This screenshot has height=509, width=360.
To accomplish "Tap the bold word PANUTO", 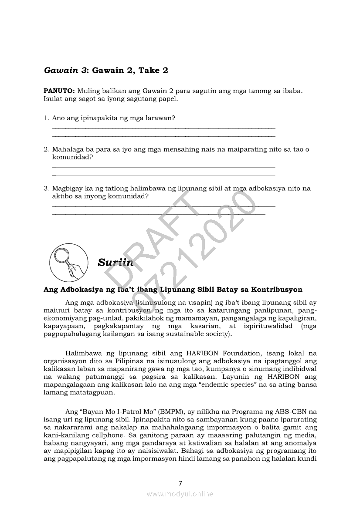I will click(58, 91).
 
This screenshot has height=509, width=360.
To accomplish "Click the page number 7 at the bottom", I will click(180, 482).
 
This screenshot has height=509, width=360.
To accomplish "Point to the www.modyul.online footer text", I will click(180, 494).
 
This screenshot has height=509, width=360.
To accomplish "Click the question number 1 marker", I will click(46, 118).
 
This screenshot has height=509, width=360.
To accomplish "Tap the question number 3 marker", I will click(46, 189).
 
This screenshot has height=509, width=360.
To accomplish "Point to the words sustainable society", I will click(194, 334).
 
